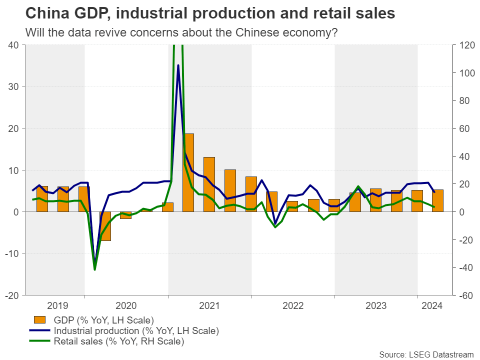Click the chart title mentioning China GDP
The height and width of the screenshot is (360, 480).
click(x=210, y=13)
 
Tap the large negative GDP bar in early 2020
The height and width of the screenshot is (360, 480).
click(x=105, y=226)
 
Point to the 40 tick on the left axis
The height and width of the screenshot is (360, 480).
click(x=14, y=45)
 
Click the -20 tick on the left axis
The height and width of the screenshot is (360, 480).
click(x=12, y=295)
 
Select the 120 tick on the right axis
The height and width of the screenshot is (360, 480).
click(x=463, y=45)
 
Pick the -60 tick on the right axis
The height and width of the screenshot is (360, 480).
click(x=463, y=295)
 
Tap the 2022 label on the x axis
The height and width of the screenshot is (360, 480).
click(x=293, y=304)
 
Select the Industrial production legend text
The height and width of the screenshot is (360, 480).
click(x=136, y=331)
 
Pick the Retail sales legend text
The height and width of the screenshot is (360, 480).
click(x=118, y=342)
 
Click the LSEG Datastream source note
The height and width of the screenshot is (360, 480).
click(x=426, y=354)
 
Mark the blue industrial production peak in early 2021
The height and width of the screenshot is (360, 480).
click(x=178, y=65)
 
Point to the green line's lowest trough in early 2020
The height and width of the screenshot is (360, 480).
click(x=94, y=269)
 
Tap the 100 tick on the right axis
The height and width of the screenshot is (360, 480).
click(x=463, y=73)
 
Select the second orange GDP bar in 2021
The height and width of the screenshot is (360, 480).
click(x=209, y=184)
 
